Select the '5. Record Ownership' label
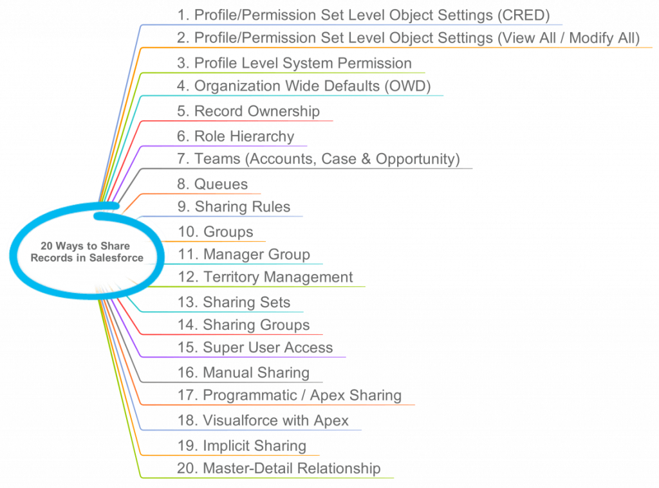[248, 111]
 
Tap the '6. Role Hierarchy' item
[235, 136]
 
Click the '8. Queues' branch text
[212, 185]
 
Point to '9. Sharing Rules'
[233, 207]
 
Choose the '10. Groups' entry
[215, 231]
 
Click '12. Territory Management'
[265, 277]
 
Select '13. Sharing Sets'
[233, 302]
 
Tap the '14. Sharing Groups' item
[243, 325]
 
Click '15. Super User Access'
[254, 348]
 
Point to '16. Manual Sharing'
[243, 372]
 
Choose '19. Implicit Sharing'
[241, 446]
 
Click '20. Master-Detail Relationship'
[278, 469]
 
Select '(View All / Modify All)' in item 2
[569, 38]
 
